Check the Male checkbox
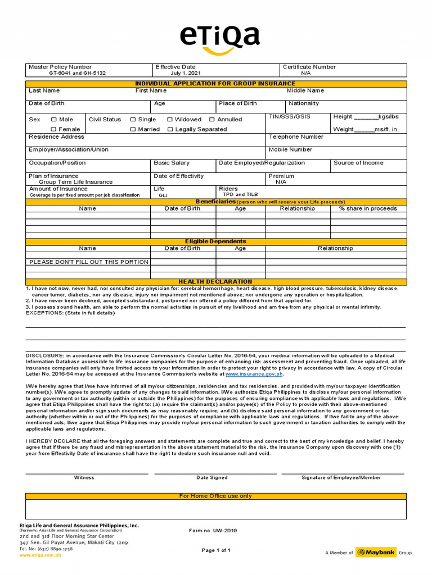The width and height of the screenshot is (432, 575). (54, 120)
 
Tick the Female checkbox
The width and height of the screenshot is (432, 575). (54, 129)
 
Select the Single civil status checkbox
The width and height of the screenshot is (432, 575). (133, 120)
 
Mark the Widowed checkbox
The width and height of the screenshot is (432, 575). (170, 120)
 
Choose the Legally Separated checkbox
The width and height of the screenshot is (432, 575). (170, 129)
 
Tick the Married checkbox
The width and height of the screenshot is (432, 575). (133, 129)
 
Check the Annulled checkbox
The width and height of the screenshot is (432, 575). (212, 120)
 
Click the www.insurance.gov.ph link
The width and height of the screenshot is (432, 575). (254, 373)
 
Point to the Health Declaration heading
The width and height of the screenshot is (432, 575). (215, 281)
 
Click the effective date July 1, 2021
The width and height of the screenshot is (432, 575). (185, 73)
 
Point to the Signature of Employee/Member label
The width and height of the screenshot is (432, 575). (341, 477)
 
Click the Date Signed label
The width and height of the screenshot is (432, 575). (211, 477)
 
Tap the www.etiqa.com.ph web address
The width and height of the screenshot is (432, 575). (40, 555)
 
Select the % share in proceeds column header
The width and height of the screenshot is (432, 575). (368, 208)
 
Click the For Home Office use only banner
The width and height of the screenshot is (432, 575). (215, 496)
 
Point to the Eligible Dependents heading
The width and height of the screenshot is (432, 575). (215, 241)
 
